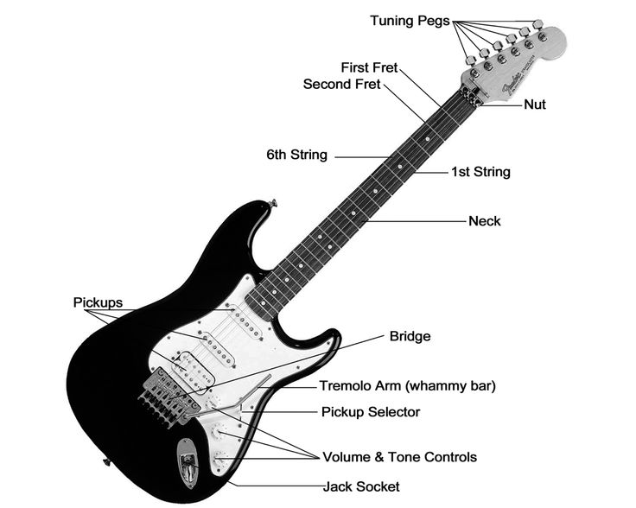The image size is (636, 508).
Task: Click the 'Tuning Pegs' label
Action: [x=410, y=21]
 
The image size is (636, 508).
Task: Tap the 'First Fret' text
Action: [x=370, y=67]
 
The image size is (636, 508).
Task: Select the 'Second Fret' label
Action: [x=341, y=85]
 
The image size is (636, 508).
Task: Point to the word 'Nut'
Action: [x=534, y=105]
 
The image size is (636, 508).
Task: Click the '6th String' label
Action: [x=296, y=156]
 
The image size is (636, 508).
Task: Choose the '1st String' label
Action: [x=480, y=172]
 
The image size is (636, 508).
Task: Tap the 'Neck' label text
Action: [x=484, y=221]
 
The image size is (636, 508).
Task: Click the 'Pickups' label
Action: [x=98, y=303]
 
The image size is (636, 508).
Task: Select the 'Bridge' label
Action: [x=410, y=336]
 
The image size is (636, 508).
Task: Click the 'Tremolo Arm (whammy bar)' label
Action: [x=407, y=386]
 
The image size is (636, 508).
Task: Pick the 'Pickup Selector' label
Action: [x=370, y=412]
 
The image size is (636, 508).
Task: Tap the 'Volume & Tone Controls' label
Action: [x=399, y=457]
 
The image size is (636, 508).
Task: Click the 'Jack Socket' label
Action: [x=361, y=487]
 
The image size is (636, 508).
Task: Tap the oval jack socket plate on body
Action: [x=188, y=462]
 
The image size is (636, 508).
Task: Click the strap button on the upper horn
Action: [x=273, y=203]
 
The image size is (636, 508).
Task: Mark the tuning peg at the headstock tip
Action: [x=541, y=35]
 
